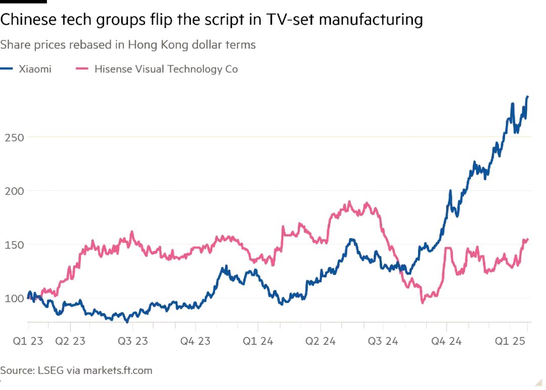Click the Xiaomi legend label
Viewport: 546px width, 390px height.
pos(35,69)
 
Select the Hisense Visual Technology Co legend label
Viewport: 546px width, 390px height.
pos(166,69)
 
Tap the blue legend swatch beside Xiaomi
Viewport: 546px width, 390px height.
pos(6,69)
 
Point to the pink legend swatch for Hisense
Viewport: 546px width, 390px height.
pos(82,69)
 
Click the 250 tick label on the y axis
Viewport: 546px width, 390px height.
pos(14,137)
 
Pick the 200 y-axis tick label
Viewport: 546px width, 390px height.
pos(14,191)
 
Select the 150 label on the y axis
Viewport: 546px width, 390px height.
pos(14,245)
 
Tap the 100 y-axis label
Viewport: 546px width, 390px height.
pos(14,298)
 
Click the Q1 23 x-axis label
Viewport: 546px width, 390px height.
pos(28,340)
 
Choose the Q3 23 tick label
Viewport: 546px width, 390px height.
pos(132,340)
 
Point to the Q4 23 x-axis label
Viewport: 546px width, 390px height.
pos(195,340)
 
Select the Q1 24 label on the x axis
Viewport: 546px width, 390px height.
pos(258,340)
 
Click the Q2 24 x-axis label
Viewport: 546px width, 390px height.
pos(321,340)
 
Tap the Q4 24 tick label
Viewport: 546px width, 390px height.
pos(446,340)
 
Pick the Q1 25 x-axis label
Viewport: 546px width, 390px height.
pos(510,340)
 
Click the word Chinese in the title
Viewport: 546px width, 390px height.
pos(29,20)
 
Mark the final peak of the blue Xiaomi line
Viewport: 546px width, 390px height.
pos(527,97)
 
